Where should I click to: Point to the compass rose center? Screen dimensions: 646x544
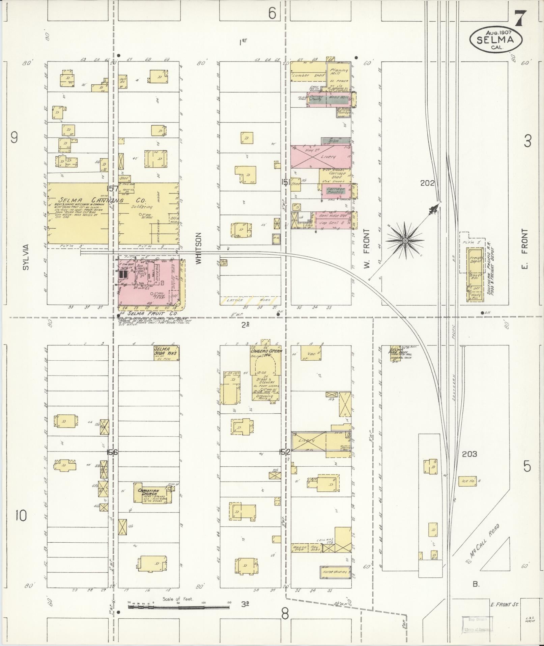[405, 240]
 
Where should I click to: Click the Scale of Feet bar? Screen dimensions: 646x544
[179, 370]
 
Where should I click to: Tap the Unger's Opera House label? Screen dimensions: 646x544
[266, 353]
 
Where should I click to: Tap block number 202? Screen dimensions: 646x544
[427, 183]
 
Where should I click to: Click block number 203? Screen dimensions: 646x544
[469, 454]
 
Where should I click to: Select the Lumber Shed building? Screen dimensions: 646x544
[308, 76]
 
